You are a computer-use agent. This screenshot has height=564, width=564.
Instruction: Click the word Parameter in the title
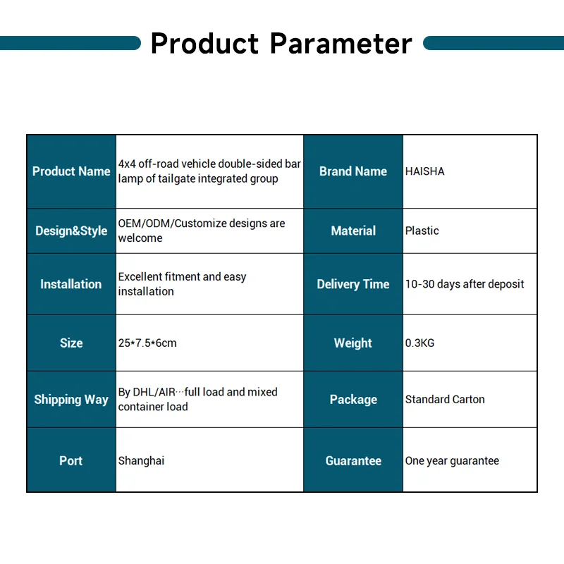click(x=341, y=44)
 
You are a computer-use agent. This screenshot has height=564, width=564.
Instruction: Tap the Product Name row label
click(x=71, y=171)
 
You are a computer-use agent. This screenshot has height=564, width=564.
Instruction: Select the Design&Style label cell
click(x=71, y=231)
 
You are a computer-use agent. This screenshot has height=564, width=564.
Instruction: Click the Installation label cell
click(x=71, y=284)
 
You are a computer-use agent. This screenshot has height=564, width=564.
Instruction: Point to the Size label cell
click(x=71, y=343)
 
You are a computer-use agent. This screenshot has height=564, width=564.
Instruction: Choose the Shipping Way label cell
click(x=71, y=400)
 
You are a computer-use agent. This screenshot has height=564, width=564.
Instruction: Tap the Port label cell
click(x=71, y=460)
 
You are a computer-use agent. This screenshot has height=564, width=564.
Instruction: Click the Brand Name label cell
click(x=353, y=171)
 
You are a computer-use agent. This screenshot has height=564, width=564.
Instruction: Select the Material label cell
click(x=353, y=231)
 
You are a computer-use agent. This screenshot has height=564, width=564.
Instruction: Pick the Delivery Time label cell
click(x=353, y=284)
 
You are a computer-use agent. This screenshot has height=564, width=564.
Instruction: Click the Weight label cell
click(x=353, y=343)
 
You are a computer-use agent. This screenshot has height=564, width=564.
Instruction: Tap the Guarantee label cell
click(x=353, y=460)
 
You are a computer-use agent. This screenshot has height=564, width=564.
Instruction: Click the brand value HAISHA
click(x=425, y=171)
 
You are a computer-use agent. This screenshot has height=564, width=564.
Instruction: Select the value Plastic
click(x=422, y=231)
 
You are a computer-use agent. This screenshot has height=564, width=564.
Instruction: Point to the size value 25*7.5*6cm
click(x=147, y=343)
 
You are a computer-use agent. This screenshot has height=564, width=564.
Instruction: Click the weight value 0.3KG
click(x=420, y=343)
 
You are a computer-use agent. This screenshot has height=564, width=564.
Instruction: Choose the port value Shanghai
click(x=141, y=460)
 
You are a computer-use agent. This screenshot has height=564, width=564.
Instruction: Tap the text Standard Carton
click(x=445, y=400)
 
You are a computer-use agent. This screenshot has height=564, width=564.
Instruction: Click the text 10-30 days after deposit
click(x=465, y=284)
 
